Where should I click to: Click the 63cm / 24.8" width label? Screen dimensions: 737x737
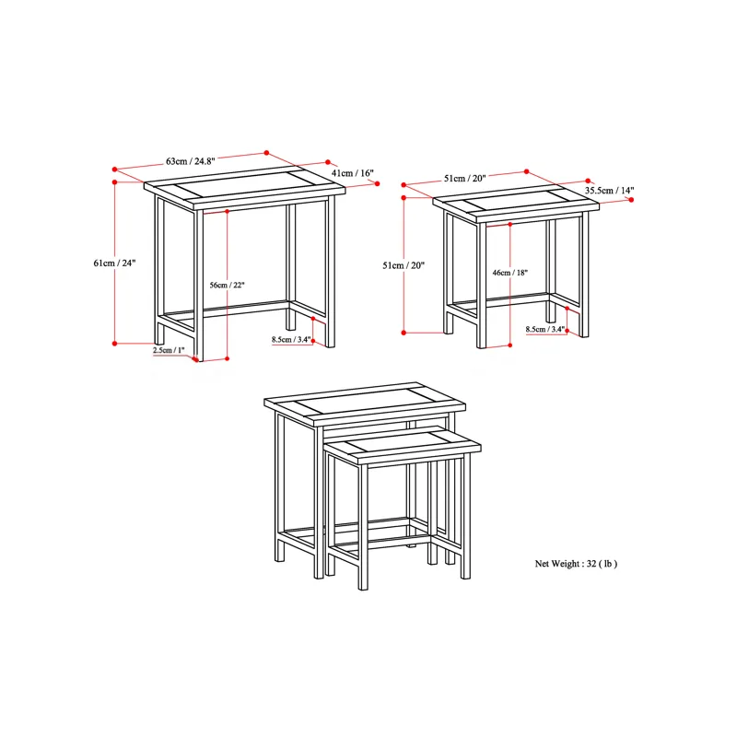[x=191, y=161]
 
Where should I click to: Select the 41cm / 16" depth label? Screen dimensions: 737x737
[x=353, y=173]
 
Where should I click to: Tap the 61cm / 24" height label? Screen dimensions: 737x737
[x=114, y=263]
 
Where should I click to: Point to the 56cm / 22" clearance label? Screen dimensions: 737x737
[x=227, y=285]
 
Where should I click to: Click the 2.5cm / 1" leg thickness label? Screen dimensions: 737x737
[x=169, y=350]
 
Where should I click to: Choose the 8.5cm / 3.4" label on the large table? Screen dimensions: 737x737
[x=291, y=339]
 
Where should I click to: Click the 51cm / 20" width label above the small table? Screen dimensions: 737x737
[x=464, y=178]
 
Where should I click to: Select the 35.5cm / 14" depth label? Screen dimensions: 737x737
[x=609, y=191]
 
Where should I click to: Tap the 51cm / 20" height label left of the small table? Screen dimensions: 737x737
[x=404, y=265]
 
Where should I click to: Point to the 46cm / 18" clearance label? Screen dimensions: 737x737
[x=510, y=273]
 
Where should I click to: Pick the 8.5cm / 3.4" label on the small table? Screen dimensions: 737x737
[x=545, y=329]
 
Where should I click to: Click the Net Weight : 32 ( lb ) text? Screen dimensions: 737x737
[x=576, y=564]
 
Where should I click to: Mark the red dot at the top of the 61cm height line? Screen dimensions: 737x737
[x=114, y=181]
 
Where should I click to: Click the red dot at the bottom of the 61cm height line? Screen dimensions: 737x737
[x=114, y=344]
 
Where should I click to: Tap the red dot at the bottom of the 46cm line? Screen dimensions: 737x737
[x=510, y=345]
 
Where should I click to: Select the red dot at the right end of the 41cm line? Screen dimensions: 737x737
[x=377, y=183]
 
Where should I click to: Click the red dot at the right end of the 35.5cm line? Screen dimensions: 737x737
[x=631, y=200]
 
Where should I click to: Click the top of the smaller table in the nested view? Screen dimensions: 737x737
[x=403, y=444]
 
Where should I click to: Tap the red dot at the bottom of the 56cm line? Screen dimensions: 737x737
[x=227, y=358]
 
